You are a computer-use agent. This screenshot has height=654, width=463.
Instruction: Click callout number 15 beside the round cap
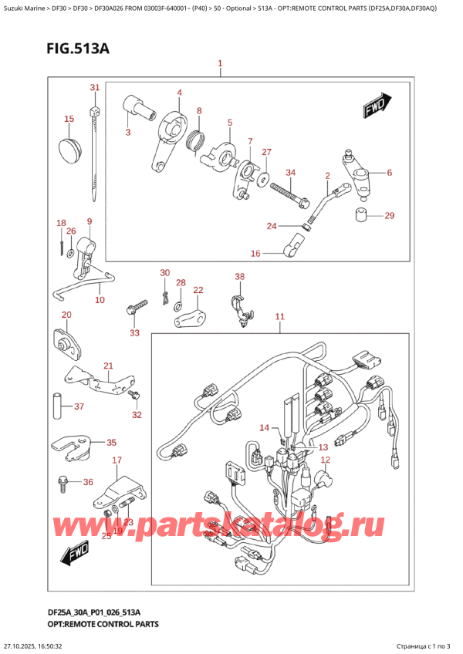point(69,119)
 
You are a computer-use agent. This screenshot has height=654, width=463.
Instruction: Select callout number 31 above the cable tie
point(94,87)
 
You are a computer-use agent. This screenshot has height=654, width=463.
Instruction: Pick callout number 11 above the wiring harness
point(279,316)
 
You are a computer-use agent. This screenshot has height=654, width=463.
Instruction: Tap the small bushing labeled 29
point(360,214)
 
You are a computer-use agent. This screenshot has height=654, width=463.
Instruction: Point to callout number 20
point(66,315)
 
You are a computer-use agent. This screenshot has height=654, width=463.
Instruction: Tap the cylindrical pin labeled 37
point(57,406)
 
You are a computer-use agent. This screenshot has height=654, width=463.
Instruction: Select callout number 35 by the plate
point(111,443)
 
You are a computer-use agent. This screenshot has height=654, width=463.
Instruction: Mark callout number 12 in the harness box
point(325,460)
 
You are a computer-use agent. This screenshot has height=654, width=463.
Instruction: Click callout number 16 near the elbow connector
point(255,253)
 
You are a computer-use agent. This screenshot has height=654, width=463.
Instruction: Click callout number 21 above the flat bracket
point(108,366)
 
